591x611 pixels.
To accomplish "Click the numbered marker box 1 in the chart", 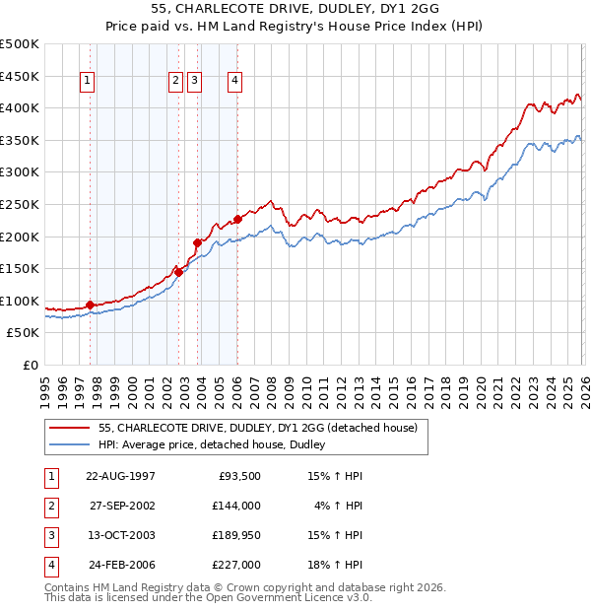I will [89, 82].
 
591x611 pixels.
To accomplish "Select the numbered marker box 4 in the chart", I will [236, 82].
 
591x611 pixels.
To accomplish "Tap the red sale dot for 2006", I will [237, 219].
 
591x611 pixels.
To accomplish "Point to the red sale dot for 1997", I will [90, 305].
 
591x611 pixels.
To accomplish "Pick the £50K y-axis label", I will [24, 333].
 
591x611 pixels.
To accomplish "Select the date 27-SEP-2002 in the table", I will [121, 506].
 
